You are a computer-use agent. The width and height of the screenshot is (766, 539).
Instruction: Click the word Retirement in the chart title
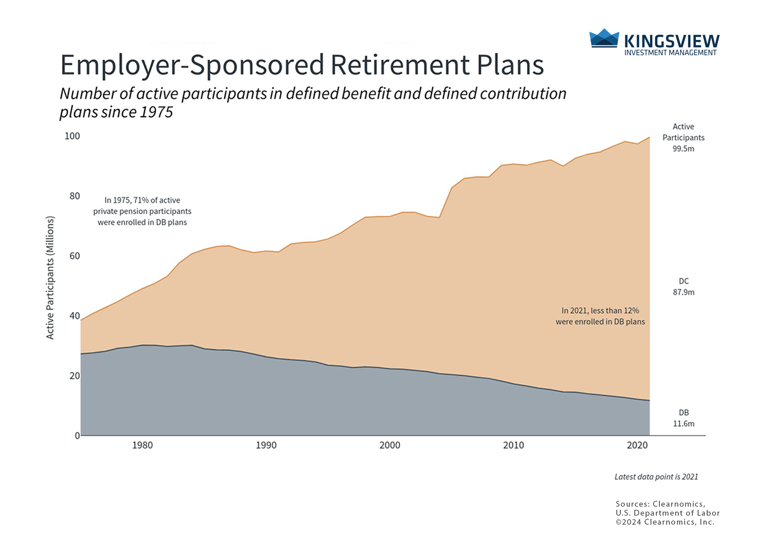[x=399, y=65]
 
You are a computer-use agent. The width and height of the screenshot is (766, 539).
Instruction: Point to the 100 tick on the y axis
[x=72, y=136]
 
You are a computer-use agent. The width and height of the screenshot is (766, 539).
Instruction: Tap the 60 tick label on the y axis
[x=74, y=256]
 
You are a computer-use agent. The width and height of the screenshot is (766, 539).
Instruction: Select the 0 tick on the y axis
[x=77, y=436]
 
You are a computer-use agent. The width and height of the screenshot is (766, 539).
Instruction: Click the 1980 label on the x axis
[x=143, y=446]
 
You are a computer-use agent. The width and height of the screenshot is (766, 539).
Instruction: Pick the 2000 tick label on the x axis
[x=390, y=446]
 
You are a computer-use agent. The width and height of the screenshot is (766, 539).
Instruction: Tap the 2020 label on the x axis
[x=637, y=446]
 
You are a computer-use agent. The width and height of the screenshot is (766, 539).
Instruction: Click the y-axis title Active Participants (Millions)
[x=50, y=278]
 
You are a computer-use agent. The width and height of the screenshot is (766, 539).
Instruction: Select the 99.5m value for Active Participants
[x=683, y=149]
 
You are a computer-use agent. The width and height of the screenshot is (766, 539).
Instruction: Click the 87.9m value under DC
[x=683, y=292]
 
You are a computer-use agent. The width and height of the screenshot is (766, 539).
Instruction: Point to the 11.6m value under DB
[x=683, y=424]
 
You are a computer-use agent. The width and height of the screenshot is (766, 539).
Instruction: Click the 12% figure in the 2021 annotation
[x=631, y=311]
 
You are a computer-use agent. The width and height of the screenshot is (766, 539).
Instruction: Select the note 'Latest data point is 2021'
[x=656, y=477]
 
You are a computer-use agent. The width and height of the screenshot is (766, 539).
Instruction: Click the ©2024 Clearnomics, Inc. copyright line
[x=665, y=522]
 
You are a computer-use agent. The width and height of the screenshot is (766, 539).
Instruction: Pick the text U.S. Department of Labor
[x=668, y=513]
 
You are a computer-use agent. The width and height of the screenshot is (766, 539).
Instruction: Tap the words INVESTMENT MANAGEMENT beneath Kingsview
[x=670, y=53]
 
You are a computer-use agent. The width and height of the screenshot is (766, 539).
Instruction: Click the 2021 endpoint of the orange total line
[x=650, y=137]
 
